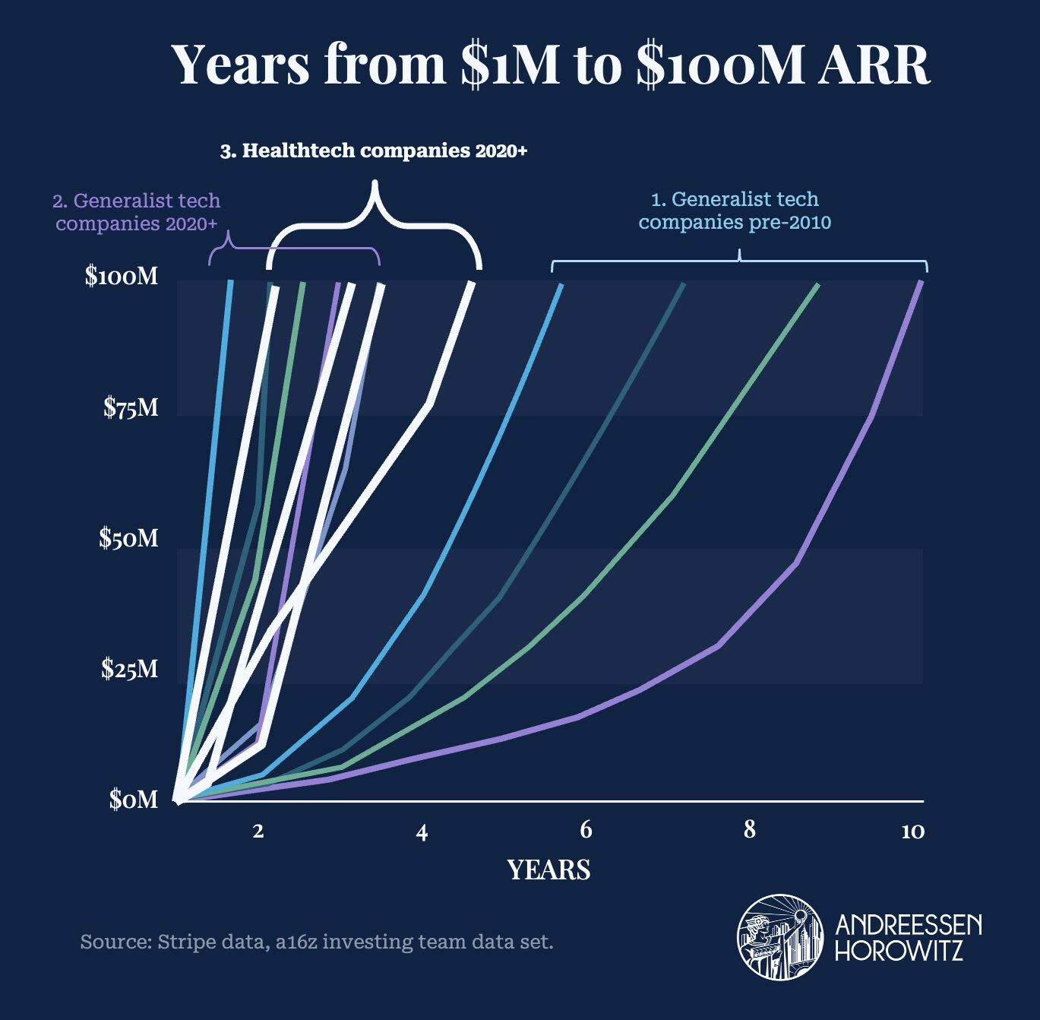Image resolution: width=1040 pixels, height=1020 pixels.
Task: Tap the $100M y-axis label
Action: pyautogui.click(x=122, y=276)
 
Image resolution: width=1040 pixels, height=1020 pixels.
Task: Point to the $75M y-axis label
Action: pyautogui.click(x=131, y=408)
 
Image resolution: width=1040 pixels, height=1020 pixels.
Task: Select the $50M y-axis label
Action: pyautogui.click(x=129, y=538)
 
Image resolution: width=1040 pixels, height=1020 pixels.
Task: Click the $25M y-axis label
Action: pyautogui.click(x=131, y=669)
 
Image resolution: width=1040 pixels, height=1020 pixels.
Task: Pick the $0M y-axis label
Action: pyautogui.click(x=134, y=800)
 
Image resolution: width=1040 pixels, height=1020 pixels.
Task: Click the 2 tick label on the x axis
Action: pyautogui.click(x=258, y=831)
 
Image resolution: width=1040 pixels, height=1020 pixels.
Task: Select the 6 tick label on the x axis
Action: pyautogui.click(x=586, y=830)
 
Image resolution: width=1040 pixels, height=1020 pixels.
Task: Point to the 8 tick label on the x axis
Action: pyautogui.click(x=750, y=830)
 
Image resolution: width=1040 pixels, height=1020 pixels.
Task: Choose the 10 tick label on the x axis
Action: pyautogui.click(x=912, y=832)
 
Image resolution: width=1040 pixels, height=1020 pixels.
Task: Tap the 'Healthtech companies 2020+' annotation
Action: pyautogui.click(x=374, y=151)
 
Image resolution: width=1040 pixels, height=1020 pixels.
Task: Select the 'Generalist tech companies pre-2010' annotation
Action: pyautogui.click(x=735, y=211)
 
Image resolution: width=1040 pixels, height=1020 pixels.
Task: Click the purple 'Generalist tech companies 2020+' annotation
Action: pyautogui.click(x=137, y=213)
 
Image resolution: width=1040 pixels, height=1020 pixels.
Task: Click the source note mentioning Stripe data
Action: pyautogui.click(x=316, y=943)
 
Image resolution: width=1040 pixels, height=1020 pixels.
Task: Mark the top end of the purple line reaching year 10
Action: pyautogui.click(x=921, y=282)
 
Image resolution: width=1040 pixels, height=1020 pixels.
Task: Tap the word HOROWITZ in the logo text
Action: pyautogui.click(x=899, y=950)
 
